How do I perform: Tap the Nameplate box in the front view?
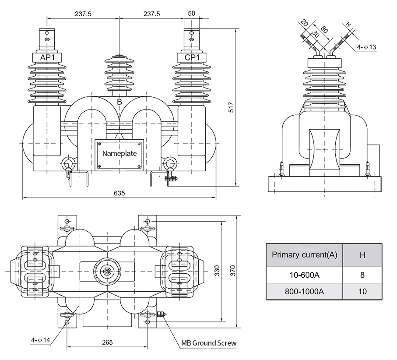(119, 154)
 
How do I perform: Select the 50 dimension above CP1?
(191, 14)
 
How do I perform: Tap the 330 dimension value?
(217, 272)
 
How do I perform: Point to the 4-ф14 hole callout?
(41, 339)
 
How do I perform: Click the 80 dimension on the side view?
(324, 30)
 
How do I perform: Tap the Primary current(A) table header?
(305, 254)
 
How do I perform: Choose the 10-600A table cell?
(305, 275)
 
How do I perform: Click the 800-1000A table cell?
(305, 291)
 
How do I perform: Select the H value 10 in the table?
(362, 291)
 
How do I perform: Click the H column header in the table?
(362, 254)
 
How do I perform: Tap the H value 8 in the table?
(362, 275)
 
